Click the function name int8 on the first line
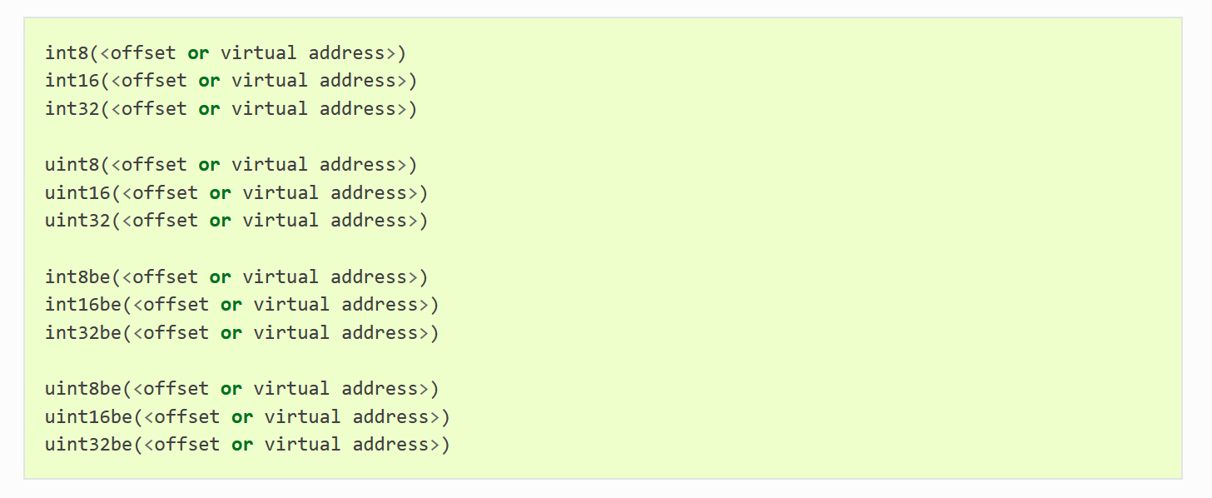pos(67,53)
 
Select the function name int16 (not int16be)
pos(72,81)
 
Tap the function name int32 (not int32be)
pos(72,109)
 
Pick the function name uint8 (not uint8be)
pos(72,165)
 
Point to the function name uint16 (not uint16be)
pos(77,192)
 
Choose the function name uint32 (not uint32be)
pos(77,221)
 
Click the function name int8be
pos(77,276)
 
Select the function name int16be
pos(82,304)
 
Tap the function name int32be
pos(82,332)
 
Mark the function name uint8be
pos(82,388)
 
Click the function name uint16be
pos(89,416)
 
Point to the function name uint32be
pos(89,445)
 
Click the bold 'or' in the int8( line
pos(198,54)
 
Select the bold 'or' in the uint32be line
pos(242,446)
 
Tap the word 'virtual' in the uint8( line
pos(270,165)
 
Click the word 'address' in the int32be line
pos(380,332)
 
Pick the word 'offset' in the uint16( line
pos(165,192)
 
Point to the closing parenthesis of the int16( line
pos(412,82)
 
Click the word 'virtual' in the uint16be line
pos(302,416)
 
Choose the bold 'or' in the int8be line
pos(221,277)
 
